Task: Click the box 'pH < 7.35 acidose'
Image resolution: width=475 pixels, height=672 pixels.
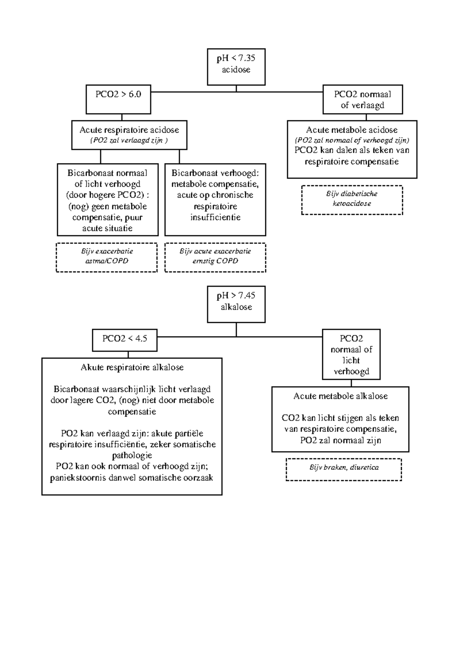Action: [x=236, y=66]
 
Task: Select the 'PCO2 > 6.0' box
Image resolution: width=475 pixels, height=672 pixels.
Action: [x=118, y=99]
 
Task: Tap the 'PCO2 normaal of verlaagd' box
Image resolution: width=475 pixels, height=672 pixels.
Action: [x=362, y=99]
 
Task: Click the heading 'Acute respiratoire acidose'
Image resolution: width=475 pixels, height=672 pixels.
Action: [x=129, y=130]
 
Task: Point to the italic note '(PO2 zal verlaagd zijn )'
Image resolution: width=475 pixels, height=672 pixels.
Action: [x=129, y=140]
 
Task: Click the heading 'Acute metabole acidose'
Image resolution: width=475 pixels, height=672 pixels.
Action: [x=351, y=130]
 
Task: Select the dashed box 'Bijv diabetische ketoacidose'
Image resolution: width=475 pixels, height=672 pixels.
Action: [x=351, y=200]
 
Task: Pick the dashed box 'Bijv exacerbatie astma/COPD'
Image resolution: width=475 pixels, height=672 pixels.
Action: [x=107, y=257]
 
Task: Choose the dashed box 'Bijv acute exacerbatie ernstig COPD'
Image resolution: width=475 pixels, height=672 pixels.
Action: [x=215, y=257]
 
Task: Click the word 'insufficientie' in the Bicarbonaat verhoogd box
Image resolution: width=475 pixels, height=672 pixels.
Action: [x=215, y=217]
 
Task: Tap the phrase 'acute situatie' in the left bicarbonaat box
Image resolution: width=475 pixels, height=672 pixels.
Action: [x=107, y=228]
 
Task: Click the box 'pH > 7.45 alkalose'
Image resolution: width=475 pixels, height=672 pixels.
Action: [x=236, y=304]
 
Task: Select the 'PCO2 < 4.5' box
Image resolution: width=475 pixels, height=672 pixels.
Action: [x=124, y=340]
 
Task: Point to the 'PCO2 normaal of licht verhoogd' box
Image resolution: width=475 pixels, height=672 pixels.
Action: [x=351, y=354]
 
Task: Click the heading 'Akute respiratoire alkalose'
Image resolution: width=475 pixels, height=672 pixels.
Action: [x=132, y=367]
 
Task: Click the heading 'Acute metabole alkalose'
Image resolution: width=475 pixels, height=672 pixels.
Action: [x=340, y=396]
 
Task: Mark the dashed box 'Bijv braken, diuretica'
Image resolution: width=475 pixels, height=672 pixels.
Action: [x=344, y=469]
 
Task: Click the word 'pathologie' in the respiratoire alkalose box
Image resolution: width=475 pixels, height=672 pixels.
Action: [x=132, y=456]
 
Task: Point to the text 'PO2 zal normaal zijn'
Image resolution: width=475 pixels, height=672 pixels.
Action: [x=340, y=440]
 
